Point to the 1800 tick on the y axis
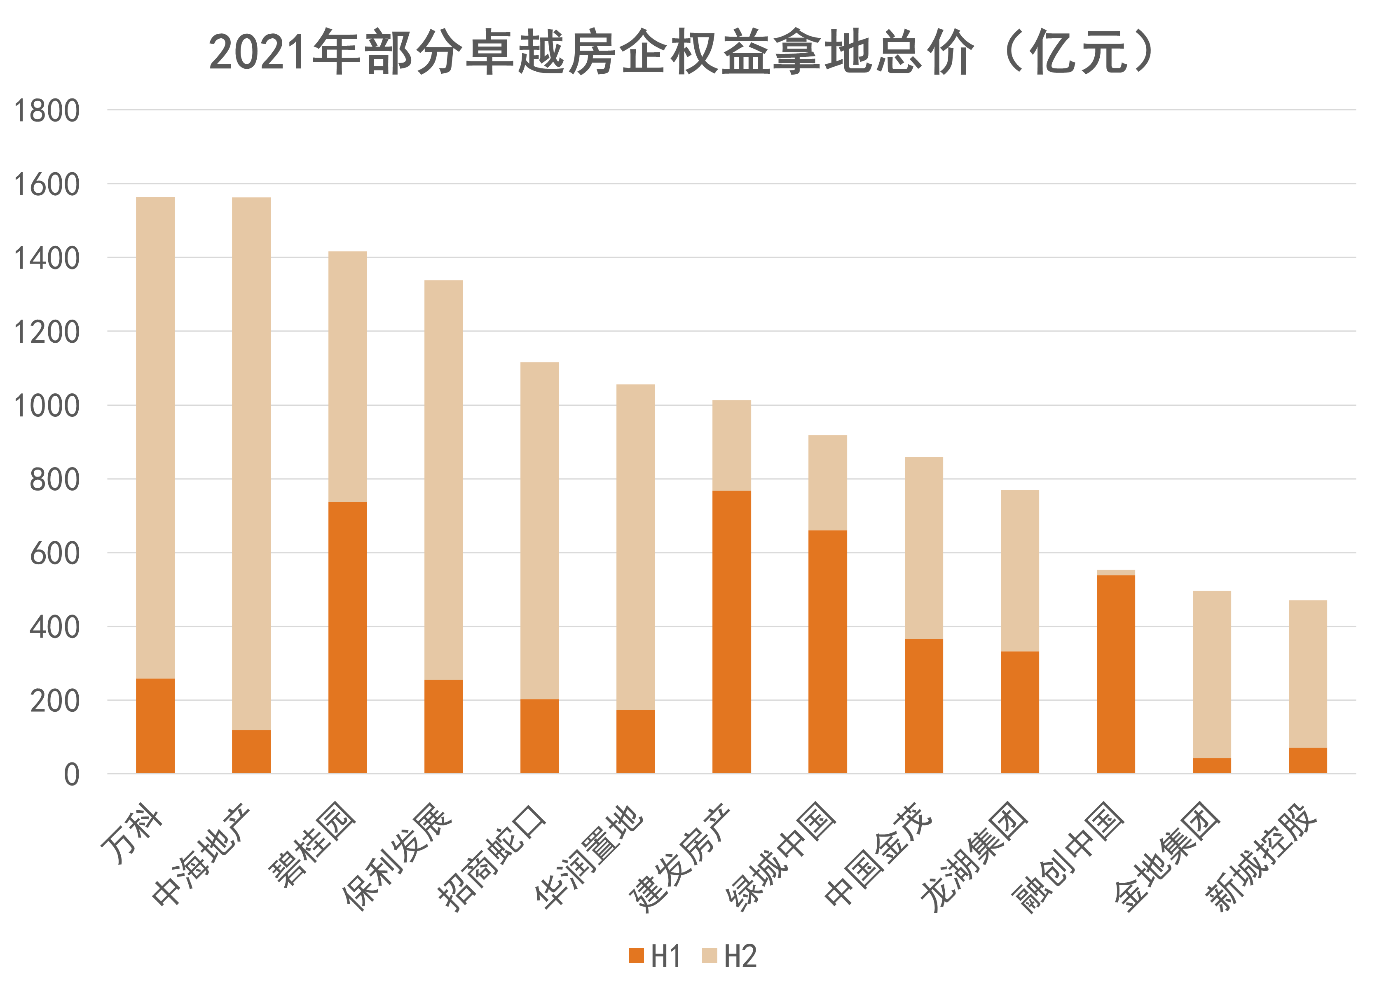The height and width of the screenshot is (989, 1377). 46,111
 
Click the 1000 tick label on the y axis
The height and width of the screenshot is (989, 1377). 46,406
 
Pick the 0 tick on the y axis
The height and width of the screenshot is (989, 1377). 72,775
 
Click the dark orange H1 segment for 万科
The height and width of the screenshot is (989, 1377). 155,725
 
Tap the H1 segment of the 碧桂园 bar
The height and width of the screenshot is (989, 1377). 347,638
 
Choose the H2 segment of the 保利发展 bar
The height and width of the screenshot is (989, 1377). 443,479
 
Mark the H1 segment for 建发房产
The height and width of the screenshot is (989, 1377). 732,631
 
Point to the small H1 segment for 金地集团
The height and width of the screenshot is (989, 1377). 1212,766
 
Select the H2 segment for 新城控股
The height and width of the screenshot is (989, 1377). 1308,674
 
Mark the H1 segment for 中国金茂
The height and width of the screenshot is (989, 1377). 923,706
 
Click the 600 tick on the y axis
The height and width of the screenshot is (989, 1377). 55,554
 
